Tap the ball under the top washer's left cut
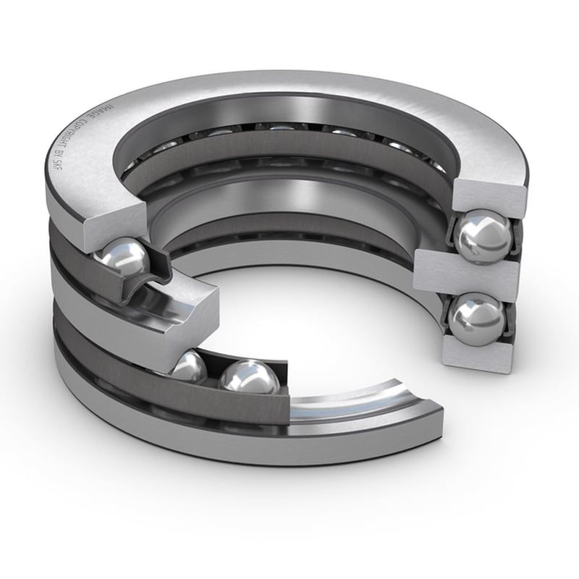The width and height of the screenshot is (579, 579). click(x=124, y=258)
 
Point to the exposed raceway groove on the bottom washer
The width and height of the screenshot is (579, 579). click(x=347, y=409)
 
